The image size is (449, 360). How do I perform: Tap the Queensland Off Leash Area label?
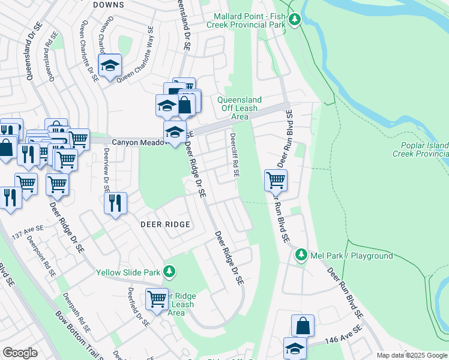pyautogui.click(x=240, y=108)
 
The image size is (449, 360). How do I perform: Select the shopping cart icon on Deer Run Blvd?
pyautogui.click(x=276, y=179)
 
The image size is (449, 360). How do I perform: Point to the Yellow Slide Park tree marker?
pyautogui.click(x=170, y=272)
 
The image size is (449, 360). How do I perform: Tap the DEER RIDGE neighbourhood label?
pyautogui.click(x=165, y=224)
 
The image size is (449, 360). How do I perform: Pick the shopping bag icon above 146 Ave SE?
pyautogui.click(x=303, y=326)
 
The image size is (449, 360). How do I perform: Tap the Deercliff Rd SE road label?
pyautogui.click(x=235, y=155)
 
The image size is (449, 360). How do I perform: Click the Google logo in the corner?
pyautogui.click(x=20, y=353)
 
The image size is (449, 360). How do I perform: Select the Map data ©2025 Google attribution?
pyautogui.click(x=412, y=355)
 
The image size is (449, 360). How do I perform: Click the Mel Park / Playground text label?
pyautogui.click(x=351, y=256)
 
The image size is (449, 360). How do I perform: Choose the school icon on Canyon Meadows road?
pyautogui.click(x=175, y=133)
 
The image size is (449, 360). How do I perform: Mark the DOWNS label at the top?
pyautogui.click(x=109, y=5)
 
